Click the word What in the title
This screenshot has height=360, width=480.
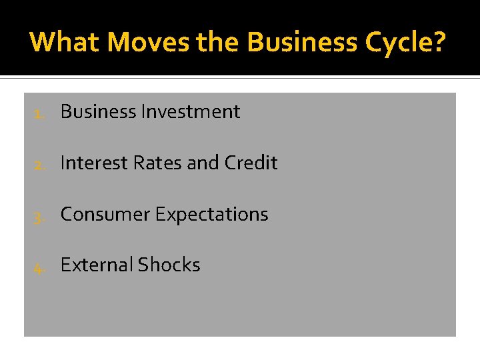[x=65, y=42]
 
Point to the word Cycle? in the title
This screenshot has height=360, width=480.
[x=407, y=42]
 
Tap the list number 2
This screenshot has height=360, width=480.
[x=39, y=164]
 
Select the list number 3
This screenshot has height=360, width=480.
[x=39, y=215]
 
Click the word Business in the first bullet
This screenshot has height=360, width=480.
[x=98, y=112]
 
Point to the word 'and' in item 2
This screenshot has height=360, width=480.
[x=203, y=163]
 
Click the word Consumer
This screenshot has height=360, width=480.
[x=105, y=215]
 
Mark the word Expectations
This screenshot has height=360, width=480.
[x=211, y=215]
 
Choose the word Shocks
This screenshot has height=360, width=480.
[x=169, y=265]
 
